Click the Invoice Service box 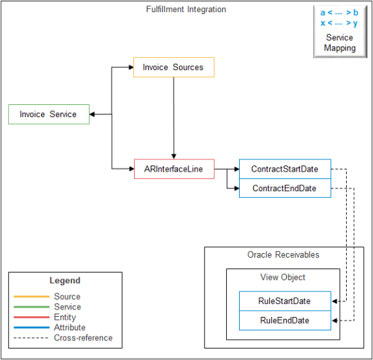(x=48, y=114)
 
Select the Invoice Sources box (x=173, y=67)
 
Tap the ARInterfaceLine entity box (x=174, y=169)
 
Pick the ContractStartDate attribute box (x=284, y=169)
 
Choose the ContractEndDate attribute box (x=284, y=188)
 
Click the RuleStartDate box (x=284, y=301)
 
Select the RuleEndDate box (x=284, y=320)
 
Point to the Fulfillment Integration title (x=186, y=9)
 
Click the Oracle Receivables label (x=283, y=255)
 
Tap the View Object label (x=283, y=277)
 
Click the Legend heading (x=65, y=281)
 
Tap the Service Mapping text (x=339, y=43)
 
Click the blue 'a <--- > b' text (x=339, y=13)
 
